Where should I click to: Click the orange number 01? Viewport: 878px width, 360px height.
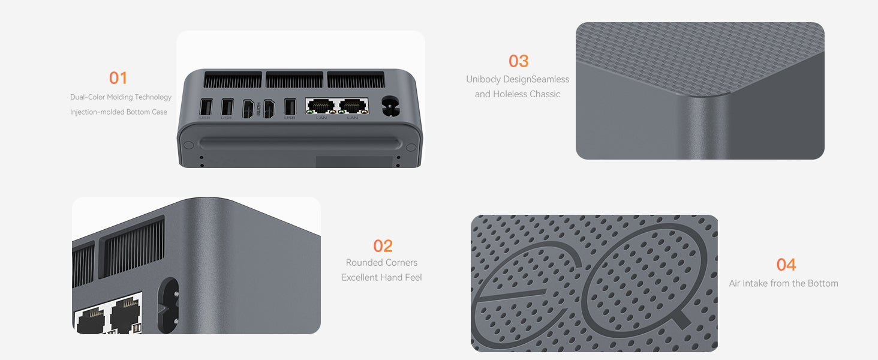(x=118, y=78)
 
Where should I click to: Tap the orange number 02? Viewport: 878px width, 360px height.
(x=383, y=246)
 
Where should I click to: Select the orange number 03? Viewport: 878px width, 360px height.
(x=518, y=61)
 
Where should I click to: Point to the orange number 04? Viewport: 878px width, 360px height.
(x=786, y=265)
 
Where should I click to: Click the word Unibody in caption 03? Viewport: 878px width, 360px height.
(x=483, y=80)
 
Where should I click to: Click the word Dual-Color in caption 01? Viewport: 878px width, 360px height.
(x=88, y=97)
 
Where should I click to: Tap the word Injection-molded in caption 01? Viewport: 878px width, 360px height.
(x=97, y=112)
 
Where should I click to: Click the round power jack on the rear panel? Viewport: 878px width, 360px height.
(x=390, y=106)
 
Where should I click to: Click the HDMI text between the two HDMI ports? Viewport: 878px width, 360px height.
(x=258, y=108)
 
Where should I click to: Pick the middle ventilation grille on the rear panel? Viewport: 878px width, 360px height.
(x=294, y=80)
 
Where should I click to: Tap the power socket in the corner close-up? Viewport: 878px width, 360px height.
(x=168, y=305)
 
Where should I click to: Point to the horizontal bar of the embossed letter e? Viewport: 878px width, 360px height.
(x=510, y=295)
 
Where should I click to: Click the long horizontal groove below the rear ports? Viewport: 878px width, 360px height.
(x=300, y=143)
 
